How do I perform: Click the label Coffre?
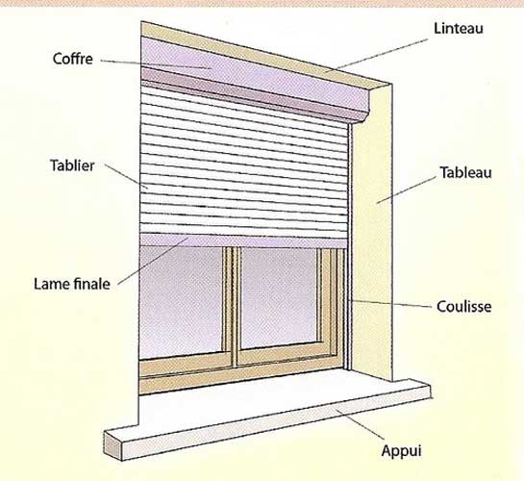[72, 59]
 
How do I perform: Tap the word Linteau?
[459, 29]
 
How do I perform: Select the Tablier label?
[72, 165]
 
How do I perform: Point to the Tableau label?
[465, 173]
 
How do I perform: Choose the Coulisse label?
[463, 307]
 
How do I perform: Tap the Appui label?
[401, 451]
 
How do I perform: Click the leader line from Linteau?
[376, 55]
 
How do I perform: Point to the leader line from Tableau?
[406, 190]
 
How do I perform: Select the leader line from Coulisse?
[391, 303]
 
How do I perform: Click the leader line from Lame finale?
[153, 262]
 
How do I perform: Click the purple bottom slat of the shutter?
[243, 240]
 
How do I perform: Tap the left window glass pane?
[181, 301]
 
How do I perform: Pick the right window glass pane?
[279, 297]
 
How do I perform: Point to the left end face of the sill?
[112, 446]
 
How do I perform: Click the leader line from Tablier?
[126, 176]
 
